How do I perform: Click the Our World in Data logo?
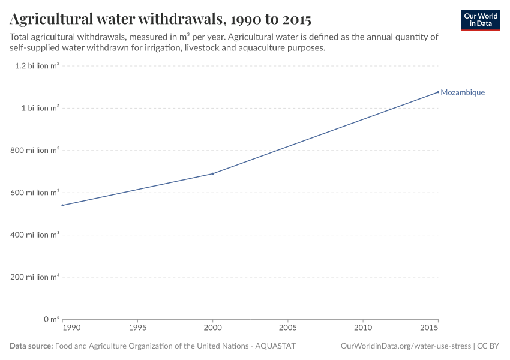pos(480,20)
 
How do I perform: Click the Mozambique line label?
pos(462,92)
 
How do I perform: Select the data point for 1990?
pos(62,205)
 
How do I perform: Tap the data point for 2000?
pos(213,173)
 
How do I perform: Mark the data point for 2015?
pos(438,92)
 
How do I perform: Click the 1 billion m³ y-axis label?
pos(41,108)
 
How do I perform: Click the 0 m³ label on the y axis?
pos(51,319)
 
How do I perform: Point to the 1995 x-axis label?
pos(138,328)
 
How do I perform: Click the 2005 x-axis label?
pos(288,328)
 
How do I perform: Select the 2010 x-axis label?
pos(363,328)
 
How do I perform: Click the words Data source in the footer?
pos(31,346)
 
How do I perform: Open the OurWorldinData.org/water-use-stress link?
pos(406,346)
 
